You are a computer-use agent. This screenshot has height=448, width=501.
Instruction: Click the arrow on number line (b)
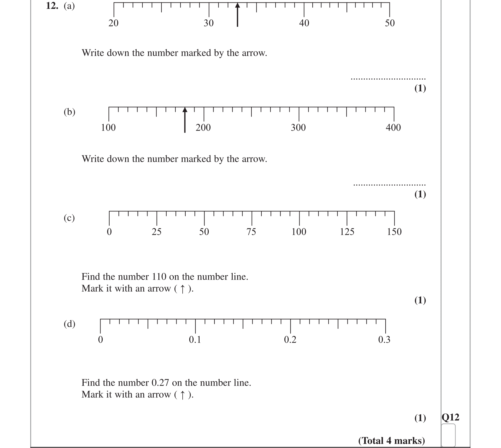tap(185, 120)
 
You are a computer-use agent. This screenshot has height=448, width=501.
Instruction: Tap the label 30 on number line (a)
tap(208, 23)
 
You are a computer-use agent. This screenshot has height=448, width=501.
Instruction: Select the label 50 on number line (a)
tap(390, 23)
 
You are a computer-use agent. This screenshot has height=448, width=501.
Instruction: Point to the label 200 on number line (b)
tap(203, 128)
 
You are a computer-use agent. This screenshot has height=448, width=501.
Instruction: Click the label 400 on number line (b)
tap(393, 128)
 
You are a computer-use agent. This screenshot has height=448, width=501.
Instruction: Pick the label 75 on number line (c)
tap(251, 232)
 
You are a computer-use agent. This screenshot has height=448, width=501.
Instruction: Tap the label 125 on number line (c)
tap(347, 232)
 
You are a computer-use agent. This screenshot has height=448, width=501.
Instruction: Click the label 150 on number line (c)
tap(394, 232)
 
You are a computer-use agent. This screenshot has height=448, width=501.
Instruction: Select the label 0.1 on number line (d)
tap(195, 340)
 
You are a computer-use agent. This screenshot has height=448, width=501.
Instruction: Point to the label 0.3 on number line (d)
tap(384, 340)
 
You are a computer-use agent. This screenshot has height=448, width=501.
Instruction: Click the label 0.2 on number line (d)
tap(290, 340)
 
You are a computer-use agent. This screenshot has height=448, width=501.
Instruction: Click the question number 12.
tap(52, 6)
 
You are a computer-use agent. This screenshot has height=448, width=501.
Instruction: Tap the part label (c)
tap(69, 218)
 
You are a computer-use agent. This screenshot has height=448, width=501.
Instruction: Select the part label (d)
tap(69, 324)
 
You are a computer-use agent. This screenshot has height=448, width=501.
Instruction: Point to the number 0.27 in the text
tap(160, 383)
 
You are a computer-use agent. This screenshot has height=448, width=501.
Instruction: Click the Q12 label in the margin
tap(450, 417)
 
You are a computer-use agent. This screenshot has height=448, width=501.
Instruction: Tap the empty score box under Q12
tap(448, 435)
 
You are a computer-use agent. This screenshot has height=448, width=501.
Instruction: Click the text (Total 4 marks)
tap(391, 440)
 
